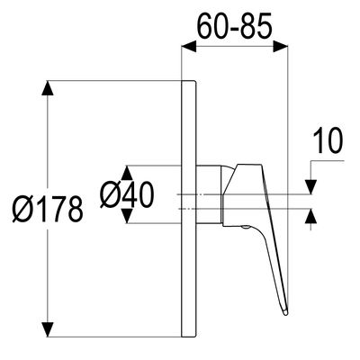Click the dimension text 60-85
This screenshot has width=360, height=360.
coord(234,25)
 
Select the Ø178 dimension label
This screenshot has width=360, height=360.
coord(48,209)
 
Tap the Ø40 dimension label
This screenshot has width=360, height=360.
coord(127,194)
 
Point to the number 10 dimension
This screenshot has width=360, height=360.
coord(328,140)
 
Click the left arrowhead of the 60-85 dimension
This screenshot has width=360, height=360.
coord(189,47)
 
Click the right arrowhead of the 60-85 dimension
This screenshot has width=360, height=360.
coord(281,47)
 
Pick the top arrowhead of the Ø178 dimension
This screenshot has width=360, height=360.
coord(48,88)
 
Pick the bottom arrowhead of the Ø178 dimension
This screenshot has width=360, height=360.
coord(48,329)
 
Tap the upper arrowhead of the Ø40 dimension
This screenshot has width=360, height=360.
coord(128,173)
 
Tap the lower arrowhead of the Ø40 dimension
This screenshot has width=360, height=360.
coord(128,216)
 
